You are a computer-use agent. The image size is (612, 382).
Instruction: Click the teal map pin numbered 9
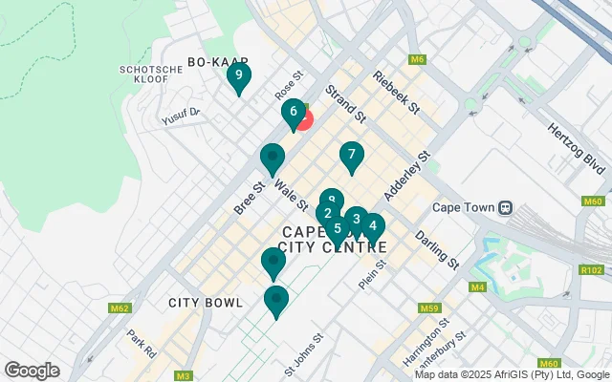pos(238,76)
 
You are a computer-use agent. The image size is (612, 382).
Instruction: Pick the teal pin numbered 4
pos(372,226)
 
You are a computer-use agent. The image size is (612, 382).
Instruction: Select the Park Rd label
pos(142,344)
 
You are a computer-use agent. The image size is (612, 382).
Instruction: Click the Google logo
pos(33,370)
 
